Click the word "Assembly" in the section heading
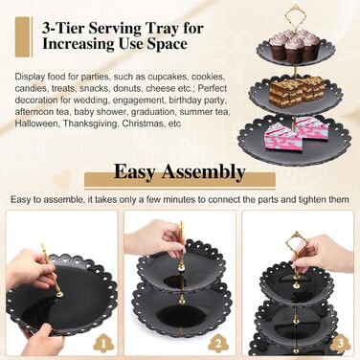[x=203, y=172]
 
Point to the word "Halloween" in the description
[x=37, y=124]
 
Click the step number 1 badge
[x=103, y=344]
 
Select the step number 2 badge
[x=218, y=344]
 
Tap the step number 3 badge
[x=340, y=344]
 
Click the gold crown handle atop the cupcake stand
[x=294, y=15]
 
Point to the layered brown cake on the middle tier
[x=296, y=90]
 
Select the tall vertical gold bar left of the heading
[x=24, y=37]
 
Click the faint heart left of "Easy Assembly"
[x=61, y=179]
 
